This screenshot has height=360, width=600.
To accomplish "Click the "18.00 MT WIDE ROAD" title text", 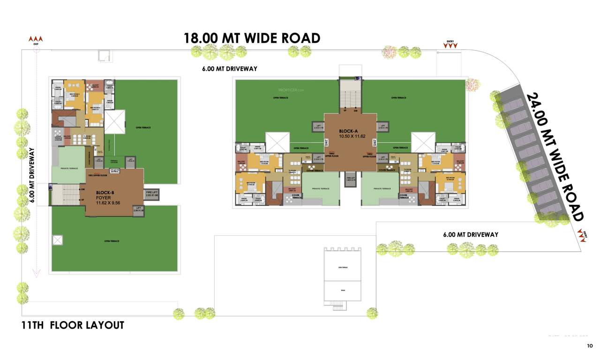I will tap(252, 37).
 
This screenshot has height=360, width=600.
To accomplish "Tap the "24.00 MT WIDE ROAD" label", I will tap(555, 157).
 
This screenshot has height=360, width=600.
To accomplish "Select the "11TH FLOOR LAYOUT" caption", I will tap(73, 325).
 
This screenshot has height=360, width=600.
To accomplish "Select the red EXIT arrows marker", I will tap(36, 39).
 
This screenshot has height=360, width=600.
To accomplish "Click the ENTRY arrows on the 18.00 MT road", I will tap(450, 45).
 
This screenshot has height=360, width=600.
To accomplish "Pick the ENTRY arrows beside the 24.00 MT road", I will tap(582, 235).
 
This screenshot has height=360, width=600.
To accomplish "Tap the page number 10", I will tap(590, 346).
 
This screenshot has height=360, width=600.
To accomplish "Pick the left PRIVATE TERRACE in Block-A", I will tap(319, 188).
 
